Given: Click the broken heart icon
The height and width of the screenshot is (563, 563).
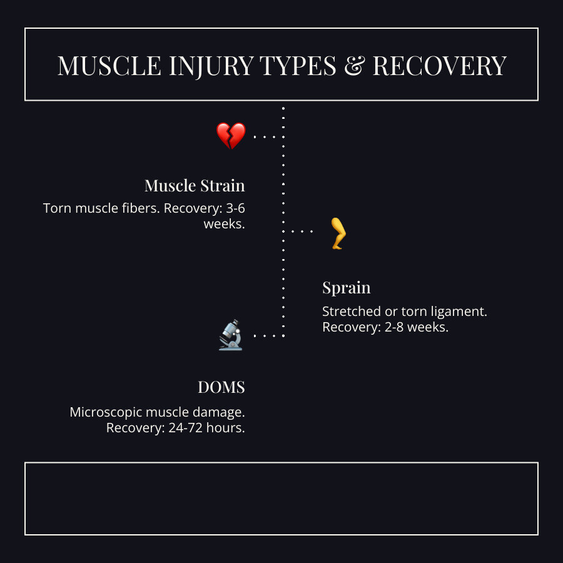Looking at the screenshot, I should [231, 136].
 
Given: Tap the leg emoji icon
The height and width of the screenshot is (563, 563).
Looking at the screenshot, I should [338, 233].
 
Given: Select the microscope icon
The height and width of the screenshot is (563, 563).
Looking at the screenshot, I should [231, 335].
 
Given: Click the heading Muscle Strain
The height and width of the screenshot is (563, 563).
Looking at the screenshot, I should [195, 186].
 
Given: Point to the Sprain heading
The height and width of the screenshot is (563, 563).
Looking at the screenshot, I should [346, 288].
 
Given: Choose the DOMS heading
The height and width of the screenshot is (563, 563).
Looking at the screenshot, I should [221, 388].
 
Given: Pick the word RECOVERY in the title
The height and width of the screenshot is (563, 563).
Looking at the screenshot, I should [439, 66].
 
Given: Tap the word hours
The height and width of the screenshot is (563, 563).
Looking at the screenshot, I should [226, 429].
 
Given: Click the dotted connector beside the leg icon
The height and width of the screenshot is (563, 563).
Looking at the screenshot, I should [302, 231].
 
